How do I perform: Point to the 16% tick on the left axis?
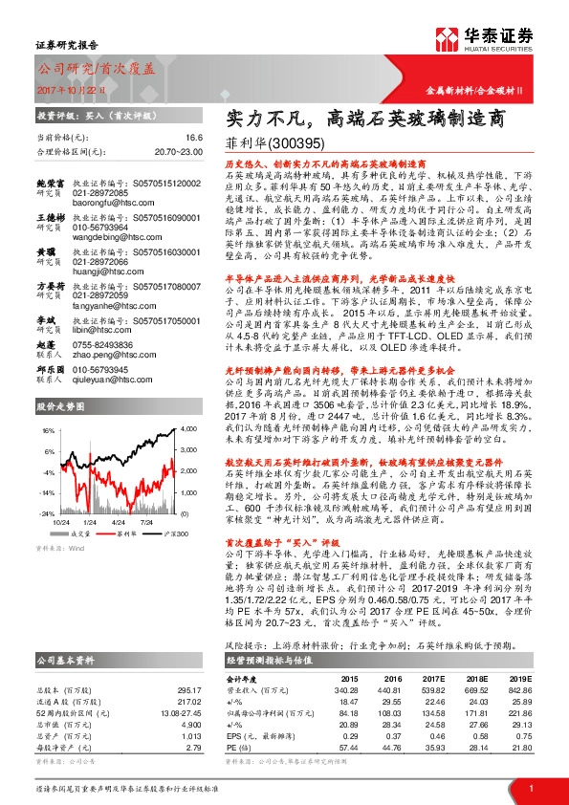[x=47, y=432]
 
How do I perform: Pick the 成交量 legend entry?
[x=79, y=533]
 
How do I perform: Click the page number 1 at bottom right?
[x=531, y=788]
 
